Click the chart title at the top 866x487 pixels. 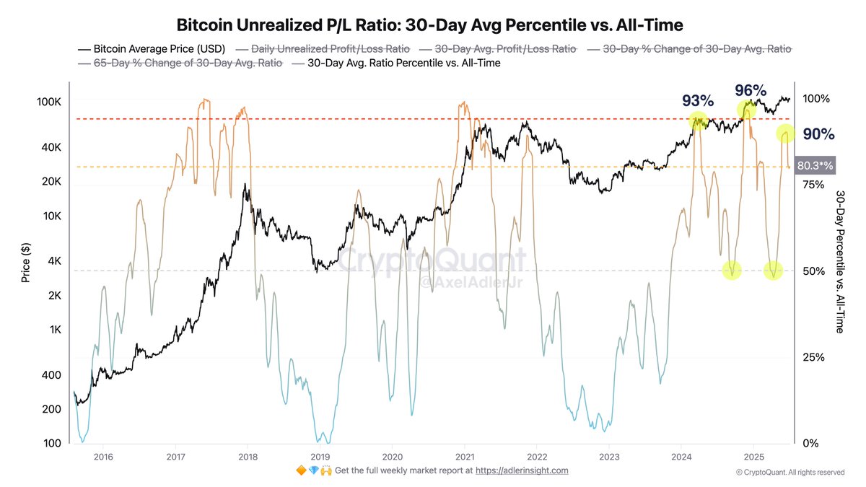pyautogui.click(x=430, y=25)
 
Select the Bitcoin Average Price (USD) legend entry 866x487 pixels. pyautogui.click(x=151, y=49)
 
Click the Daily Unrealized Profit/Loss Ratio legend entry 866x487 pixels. pyautogui.click(x=330, y=49)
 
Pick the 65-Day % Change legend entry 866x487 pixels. pyautogui.click(x=180, y=63)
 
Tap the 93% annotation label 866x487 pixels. pyautogui.click(x=697, y=100)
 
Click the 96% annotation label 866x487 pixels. pyautogui.click(x=750, y=90)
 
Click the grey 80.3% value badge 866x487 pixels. pyautogui.click(x=815, y=165)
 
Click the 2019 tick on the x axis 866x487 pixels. pyautogui.click(x=320, y=456)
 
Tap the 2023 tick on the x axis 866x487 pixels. pyautogui.click(x=609, y=456)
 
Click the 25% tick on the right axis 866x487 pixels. pyautogui.click(x=813, y=357)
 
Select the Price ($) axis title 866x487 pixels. pyautogui.click(x=26, y=263)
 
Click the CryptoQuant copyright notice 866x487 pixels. pyautogui.click(x=790, y=473)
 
